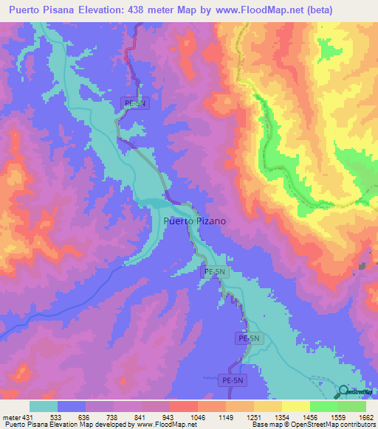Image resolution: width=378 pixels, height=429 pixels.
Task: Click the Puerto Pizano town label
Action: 194,220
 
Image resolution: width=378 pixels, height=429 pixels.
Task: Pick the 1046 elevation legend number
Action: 198,417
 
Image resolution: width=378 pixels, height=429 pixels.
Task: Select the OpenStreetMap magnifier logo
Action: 344,392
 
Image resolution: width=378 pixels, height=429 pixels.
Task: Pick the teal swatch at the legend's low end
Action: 44,406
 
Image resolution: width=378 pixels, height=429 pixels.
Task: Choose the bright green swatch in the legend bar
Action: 324,406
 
